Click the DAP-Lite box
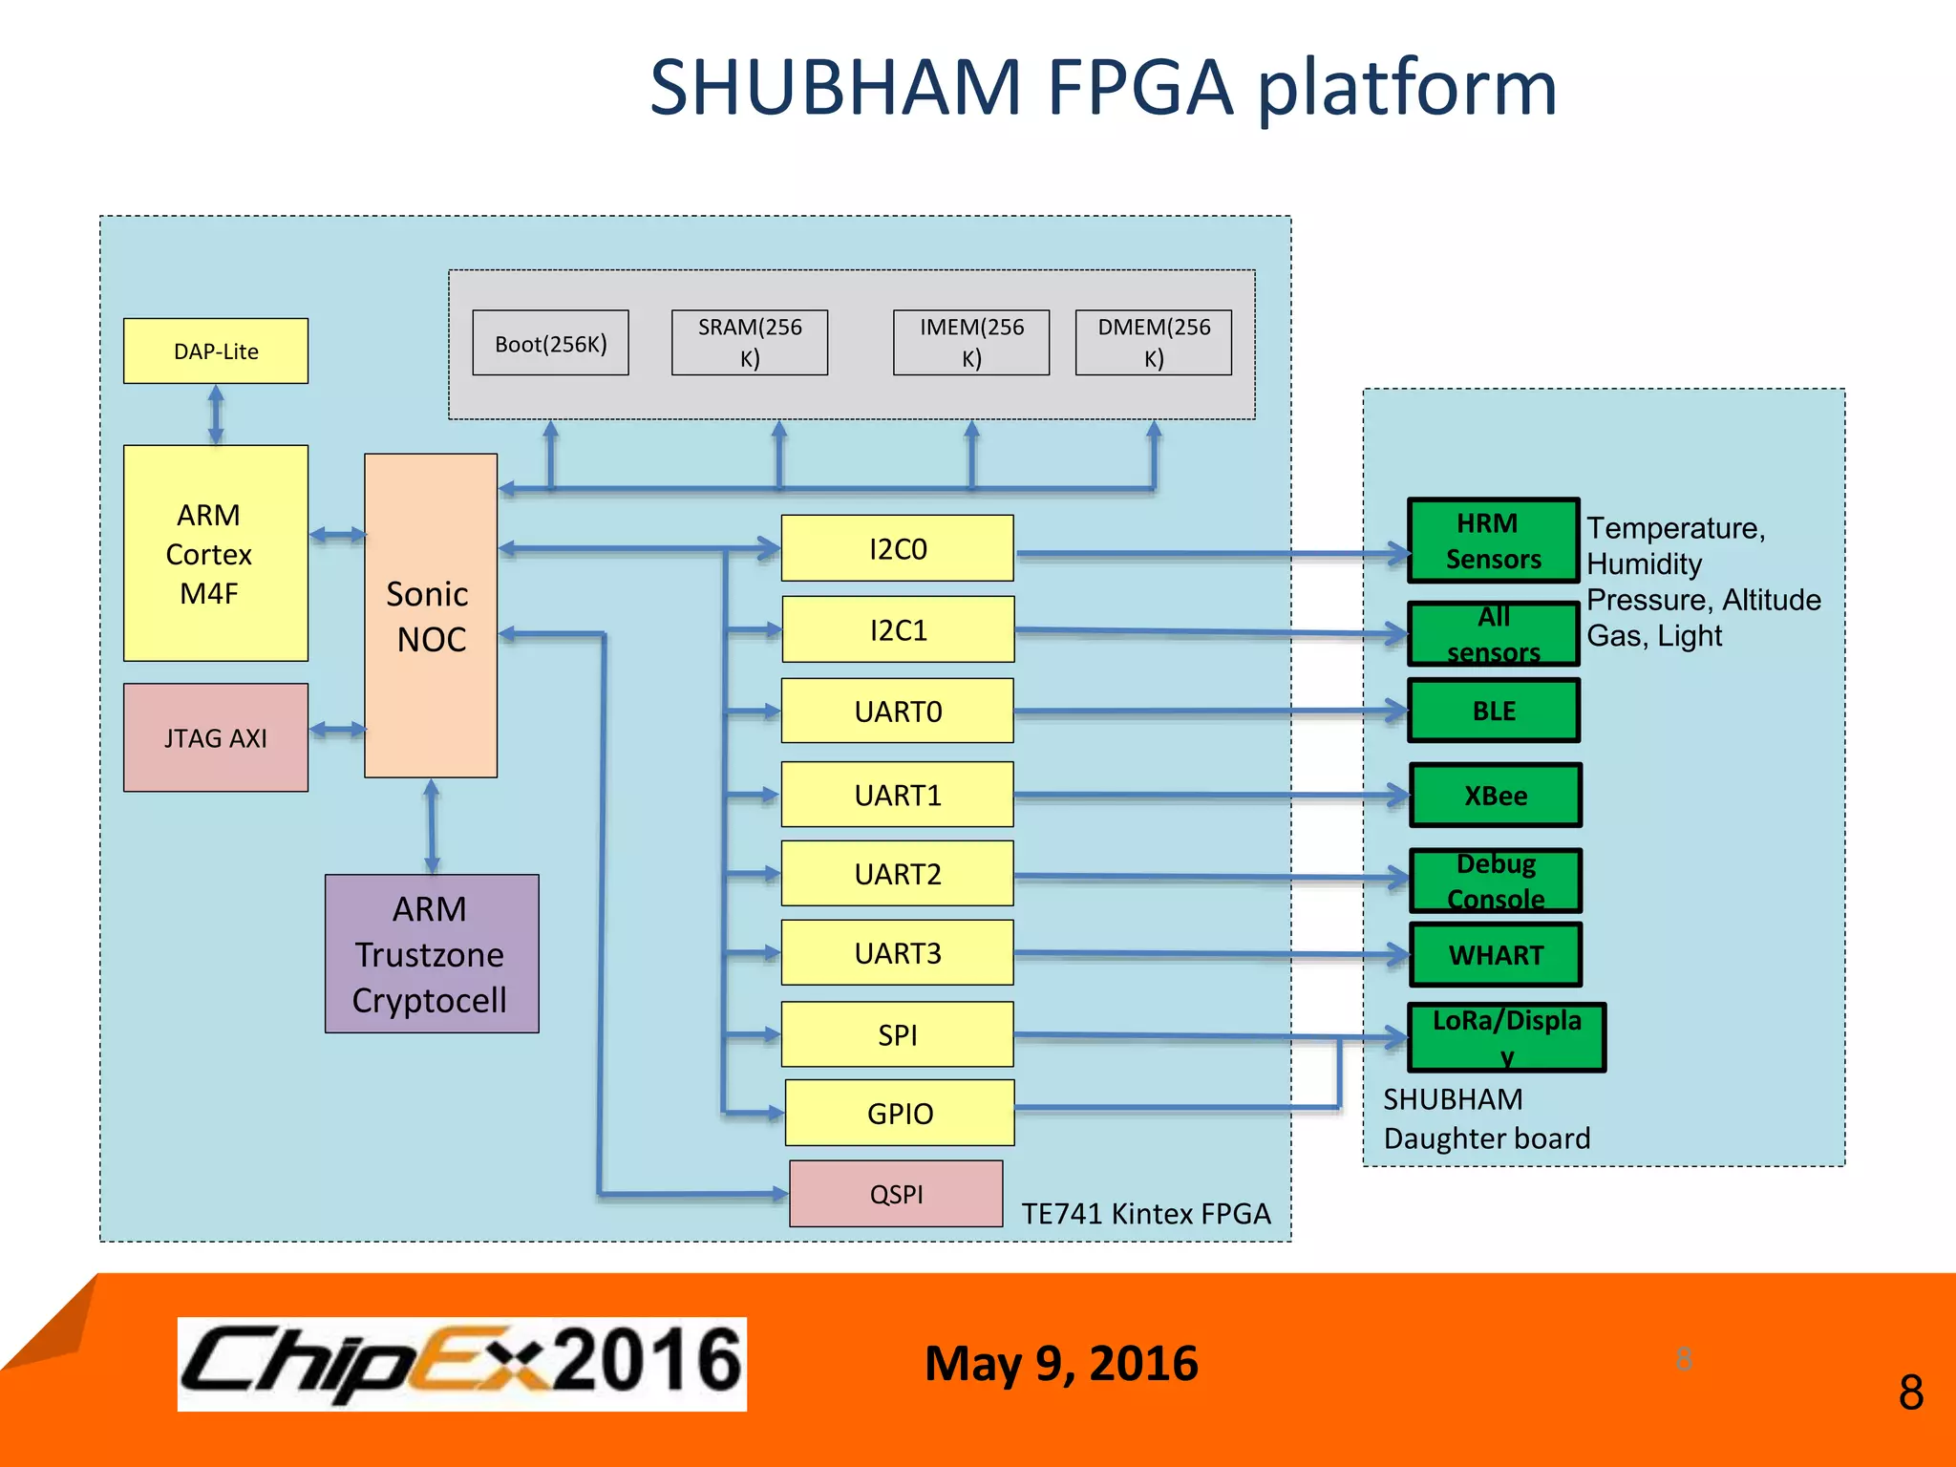216,351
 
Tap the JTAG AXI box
216,737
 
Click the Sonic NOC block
431,616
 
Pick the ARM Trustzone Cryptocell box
432,953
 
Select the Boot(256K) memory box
550,343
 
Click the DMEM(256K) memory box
1153,342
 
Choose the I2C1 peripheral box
898,629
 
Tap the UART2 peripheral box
898,873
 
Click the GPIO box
900,1113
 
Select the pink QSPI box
896,1194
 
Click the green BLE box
1494,711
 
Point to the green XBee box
1496,795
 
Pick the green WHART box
1496,954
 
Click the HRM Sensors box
1493,541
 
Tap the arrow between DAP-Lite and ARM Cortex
216,415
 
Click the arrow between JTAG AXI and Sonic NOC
337,730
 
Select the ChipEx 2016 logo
462,1363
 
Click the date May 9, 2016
1060,1363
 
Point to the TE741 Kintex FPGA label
1145,1213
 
